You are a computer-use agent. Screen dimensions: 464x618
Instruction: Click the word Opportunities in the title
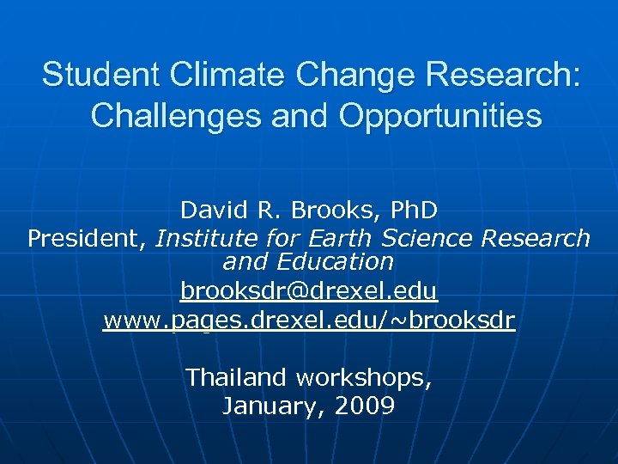(x=440, y=115)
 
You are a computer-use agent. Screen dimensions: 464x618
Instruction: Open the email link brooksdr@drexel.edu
(x=309, y=292)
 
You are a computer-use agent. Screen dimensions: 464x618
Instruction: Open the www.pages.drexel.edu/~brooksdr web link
(x=309, y=321)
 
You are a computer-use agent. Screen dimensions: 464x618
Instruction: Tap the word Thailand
(x=239, y=377)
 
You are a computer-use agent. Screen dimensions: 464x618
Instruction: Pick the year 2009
(x=363, y=406)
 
